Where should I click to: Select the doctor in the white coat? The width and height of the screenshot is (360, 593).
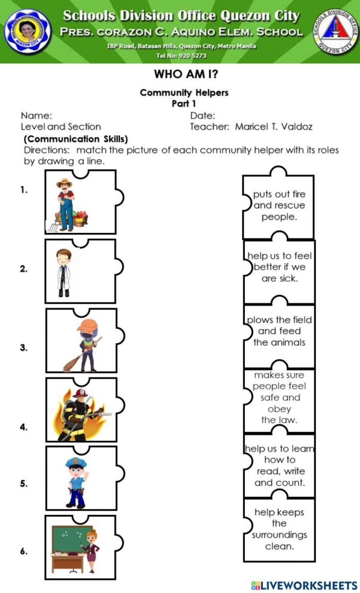point(64,272)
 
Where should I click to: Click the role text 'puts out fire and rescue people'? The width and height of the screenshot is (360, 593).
point(279,206)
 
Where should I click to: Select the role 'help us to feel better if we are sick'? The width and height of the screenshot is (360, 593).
point(279,267)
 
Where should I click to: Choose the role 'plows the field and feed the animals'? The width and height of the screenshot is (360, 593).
point(279,331)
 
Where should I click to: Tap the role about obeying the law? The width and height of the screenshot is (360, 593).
point(279,398)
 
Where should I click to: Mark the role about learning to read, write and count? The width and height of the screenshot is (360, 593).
point(280,465)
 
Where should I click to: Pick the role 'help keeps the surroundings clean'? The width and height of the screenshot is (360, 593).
point(279,529)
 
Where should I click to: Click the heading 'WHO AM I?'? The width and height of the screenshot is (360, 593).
point(184,74)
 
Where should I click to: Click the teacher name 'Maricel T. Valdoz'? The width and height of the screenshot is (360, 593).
point(273,127)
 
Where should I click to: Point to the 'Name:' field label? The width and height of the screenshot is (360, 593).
point(36,116)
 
